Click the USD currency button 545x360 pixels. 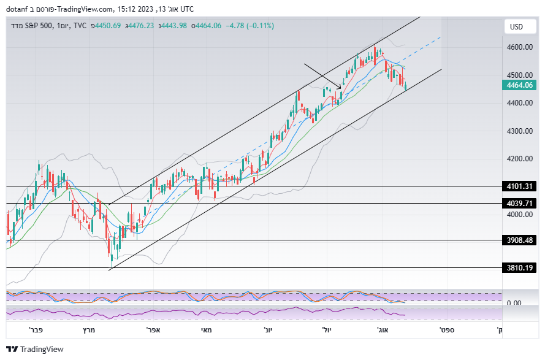tap(516, 27)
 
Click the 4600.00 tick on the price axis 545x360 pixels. tap(519, 47)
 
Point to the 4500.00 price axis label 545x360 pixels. tap(519, 75)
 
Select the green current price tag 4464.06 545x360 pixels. tap(519, 86)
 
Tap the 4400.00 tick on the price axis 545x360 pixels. tap(519, 103)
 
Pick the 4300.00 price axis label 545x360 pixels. tap(519, 131)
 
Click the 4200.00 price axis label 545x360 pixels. tap(519, 159)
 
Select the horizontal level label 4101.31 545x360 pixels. tap(519, 186)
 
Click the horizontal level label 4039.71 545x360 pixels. tap(519, 204)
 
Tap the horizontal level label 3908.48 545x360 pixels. tap(519, 240)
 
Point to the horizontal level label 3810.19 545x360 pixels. tap(519, 268)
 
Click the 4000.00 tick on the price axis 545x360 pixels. tap(519, 215)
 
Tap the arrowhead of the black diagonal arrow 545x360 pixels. tap(340, 88)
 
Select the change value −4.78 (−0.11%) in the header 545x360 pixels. tap(250, 26)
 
